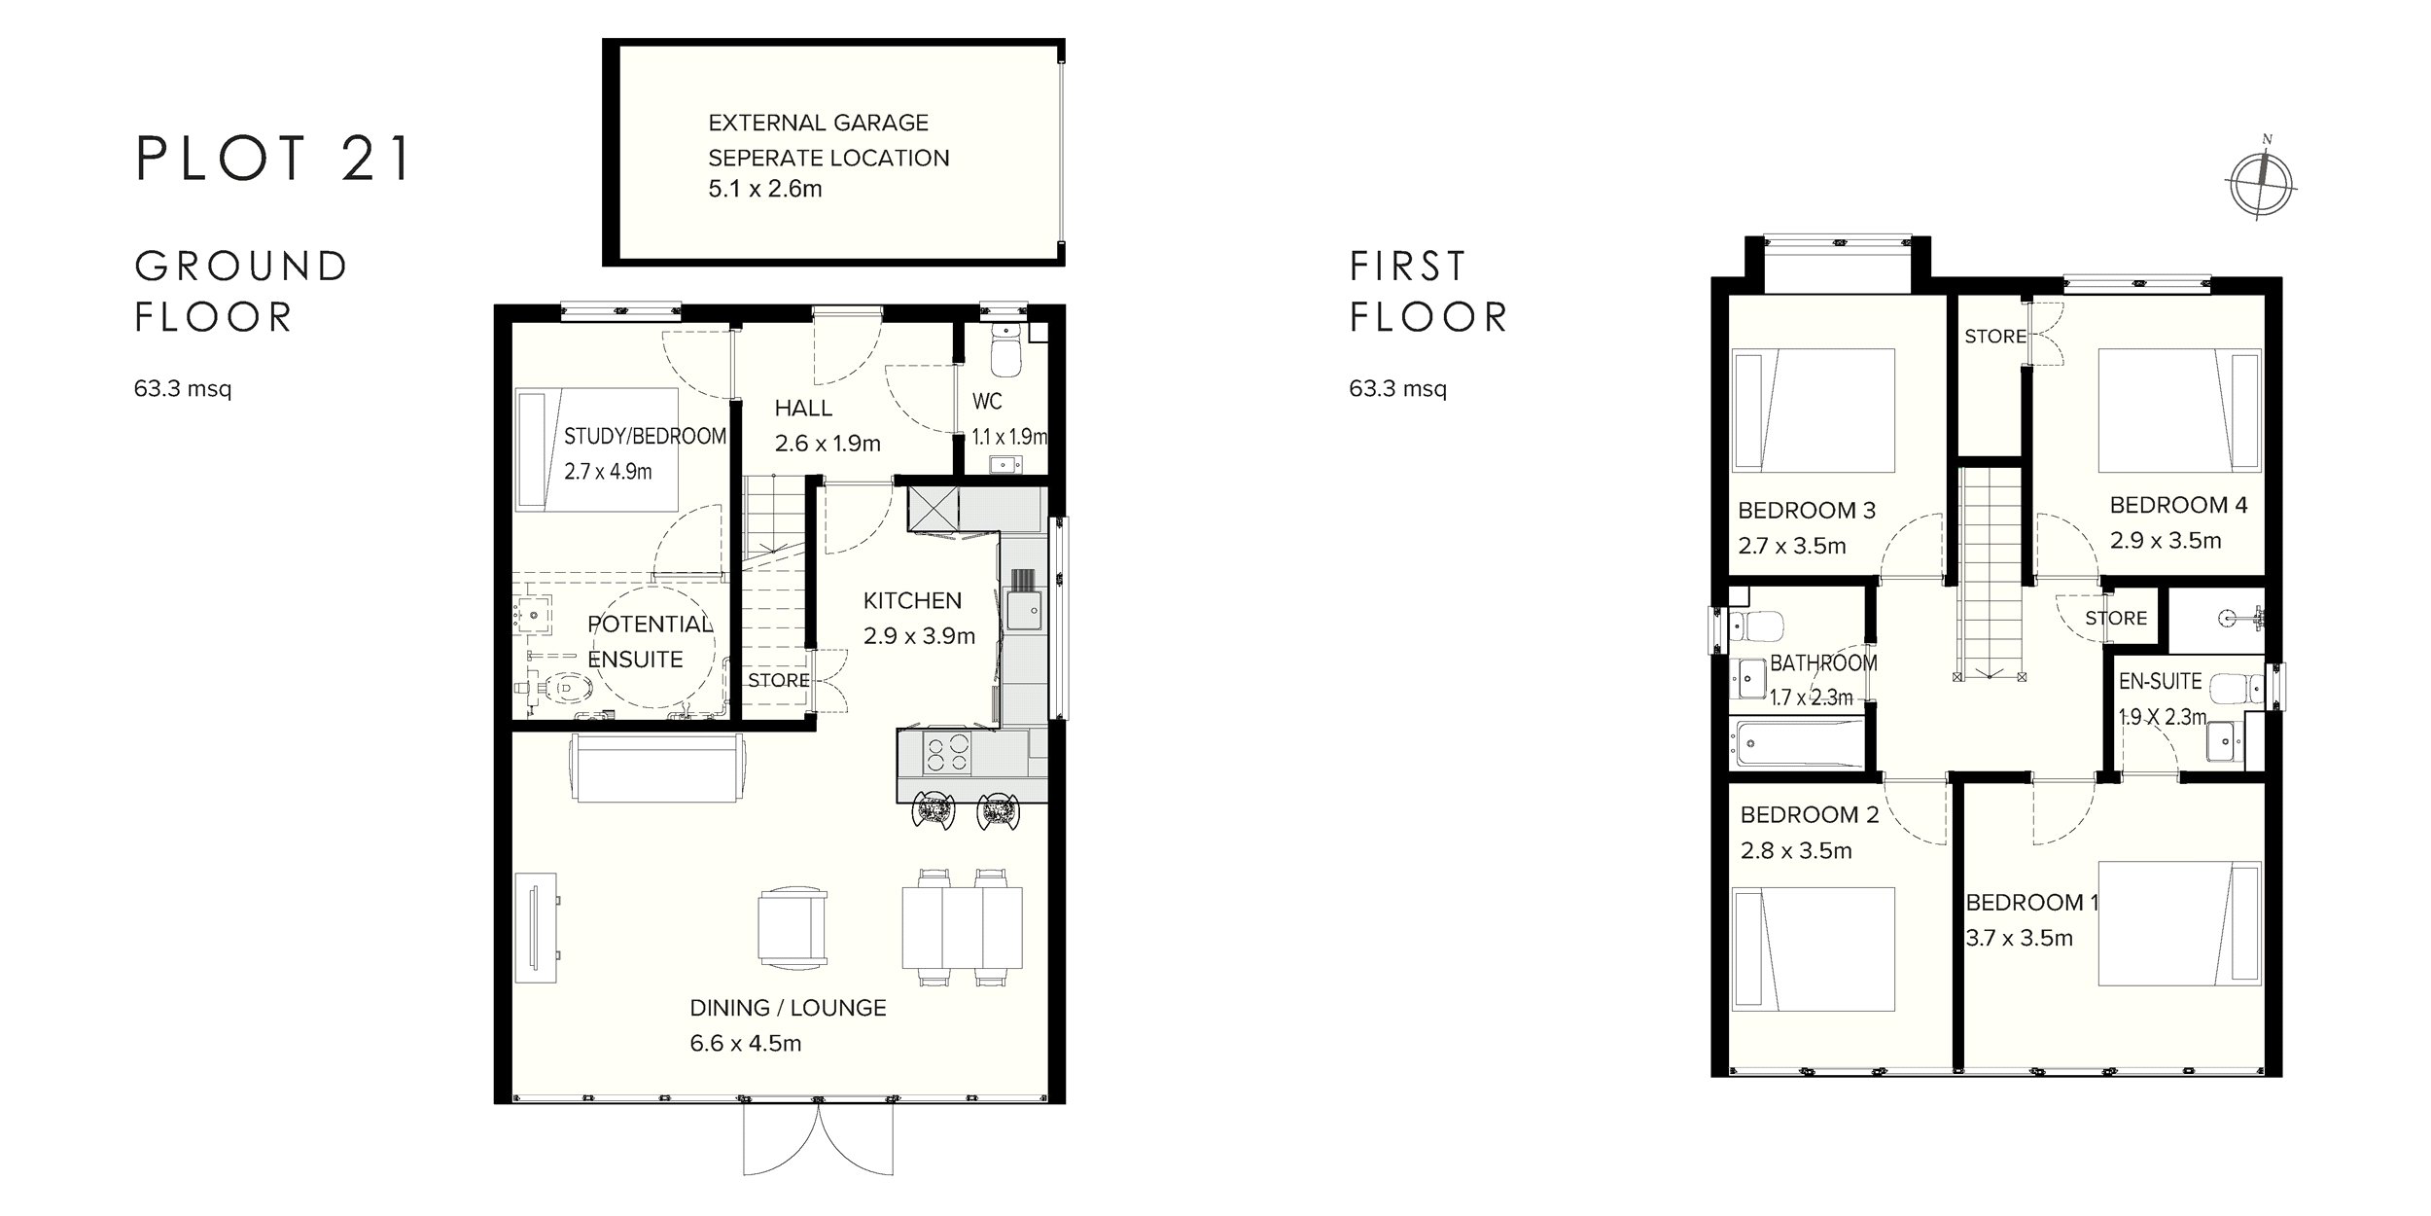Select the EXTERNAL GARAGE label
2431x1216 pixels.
point(818,123)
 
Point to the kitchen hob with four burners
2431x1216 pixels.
point(946,754)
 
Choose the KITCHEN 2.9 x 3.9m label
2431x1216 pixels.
point(919,618)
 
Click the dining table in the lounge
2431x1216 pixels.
point(962,927)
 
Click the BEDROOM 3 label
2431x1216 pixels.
point(1807,510)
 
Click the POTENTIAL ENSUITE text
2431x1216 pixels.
point(651,641)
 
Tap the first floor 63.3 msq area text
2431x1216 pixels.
point(1397,389)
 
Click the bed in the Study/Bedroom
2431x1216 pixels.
point(596,449)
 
